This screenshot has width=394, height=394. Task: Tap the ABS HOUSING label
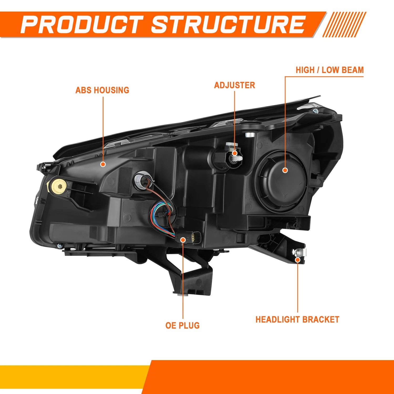102,90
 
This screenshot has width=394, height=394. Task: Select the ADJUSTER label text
235,85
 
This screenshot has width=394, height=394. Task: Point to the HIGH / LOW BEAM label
330,70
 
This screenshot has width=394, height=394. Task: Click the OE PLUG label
183,325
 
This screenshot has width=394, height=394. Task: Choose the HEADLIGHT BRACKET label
297,319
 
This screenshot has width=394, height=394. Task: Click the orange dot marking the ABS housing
103,164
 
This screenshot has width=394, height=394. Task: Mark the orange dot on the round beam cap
285,170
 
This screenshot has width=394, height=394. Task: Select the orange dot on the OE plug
183,239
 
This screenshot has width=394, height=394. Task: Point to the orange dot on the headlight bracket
298,260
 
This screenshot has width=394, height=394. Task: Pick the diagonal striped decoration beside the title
344,24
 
